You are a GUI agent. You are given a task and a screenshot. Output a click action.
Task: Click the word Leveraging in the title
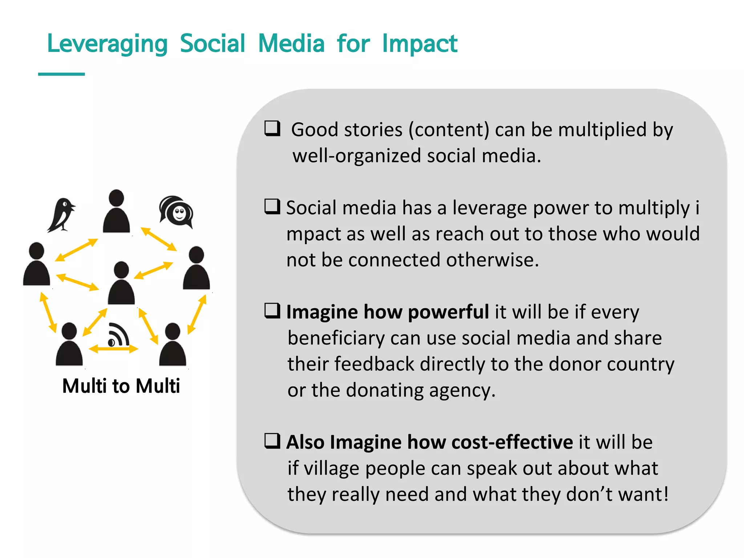pyautogui.click(x=108, y=44)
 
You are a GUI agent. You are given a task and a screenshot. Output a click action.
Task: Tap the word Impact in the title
pyautogui.click(x=420, y=44)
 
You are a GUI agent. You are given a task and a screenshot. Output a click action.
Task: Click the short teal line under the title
pyautogui.click(x=61, y=74)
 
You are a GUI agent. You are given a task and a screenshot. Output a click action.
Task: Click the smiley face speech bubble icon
pyautogui.click(x=177, y=211)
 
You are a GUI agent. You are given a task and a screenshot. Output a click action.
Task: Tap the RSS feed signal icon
pyautogui.click(x=118, y=335)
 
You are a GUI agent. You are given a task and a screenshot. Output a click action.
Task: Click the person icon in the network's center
pyautogui.click(x=121, y=283)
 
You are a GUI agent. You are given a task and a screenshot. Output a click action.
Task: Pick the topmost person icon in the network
pyautogui.click(x=116, y=211)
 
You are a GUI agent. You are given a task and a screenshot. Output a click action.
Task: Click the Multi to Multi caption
pyautogui.click(x=121, y=386)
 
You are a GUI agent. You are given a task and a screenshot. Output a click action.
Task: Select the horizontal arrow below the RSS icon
pyautogui.click(x=113, y=349)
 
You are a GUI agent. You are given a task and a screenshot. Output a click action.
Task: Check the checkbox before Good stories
pyautogui.click(x=272, y=128)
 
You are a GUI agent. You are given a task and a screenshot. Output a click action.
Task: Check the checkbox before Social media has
pyautogui.click(x=272, y=207)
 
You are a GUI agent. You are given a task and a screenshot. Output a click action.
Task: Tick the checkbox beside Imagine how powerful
pyautogui.click(x=272, y=311)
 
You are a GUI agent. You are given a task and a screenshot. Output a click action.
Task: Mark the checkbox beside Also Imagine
pyautogui.click(x=272, y=441)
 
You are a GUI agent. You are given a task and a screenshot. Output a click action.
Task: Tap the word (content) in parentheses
pyautogui.click(x=449, y=130)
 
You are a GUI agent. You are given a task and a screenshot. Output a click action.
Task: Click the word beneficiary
pyautogui.click(x=336, y=338)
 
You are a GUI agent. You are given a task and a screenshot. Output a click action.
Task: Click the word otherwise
pyautogui.click(x=493, y=260)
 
